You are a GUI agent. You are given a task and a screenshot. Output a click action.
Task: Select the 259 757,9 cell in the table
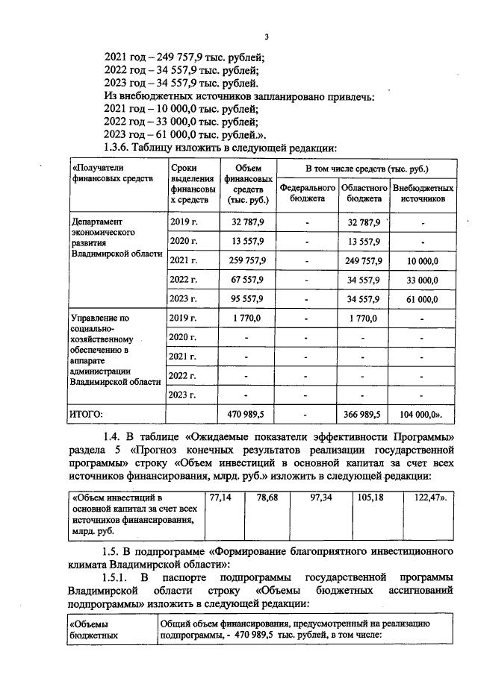247,260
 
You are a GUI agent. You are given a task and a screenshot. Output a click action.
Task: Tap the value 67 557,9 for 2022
247,280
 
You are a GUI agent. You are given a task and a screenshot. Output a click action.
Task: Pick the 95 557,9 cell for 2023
247,299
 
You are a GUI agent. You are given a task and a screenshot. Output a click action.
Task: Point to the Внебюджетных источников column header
423,194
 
